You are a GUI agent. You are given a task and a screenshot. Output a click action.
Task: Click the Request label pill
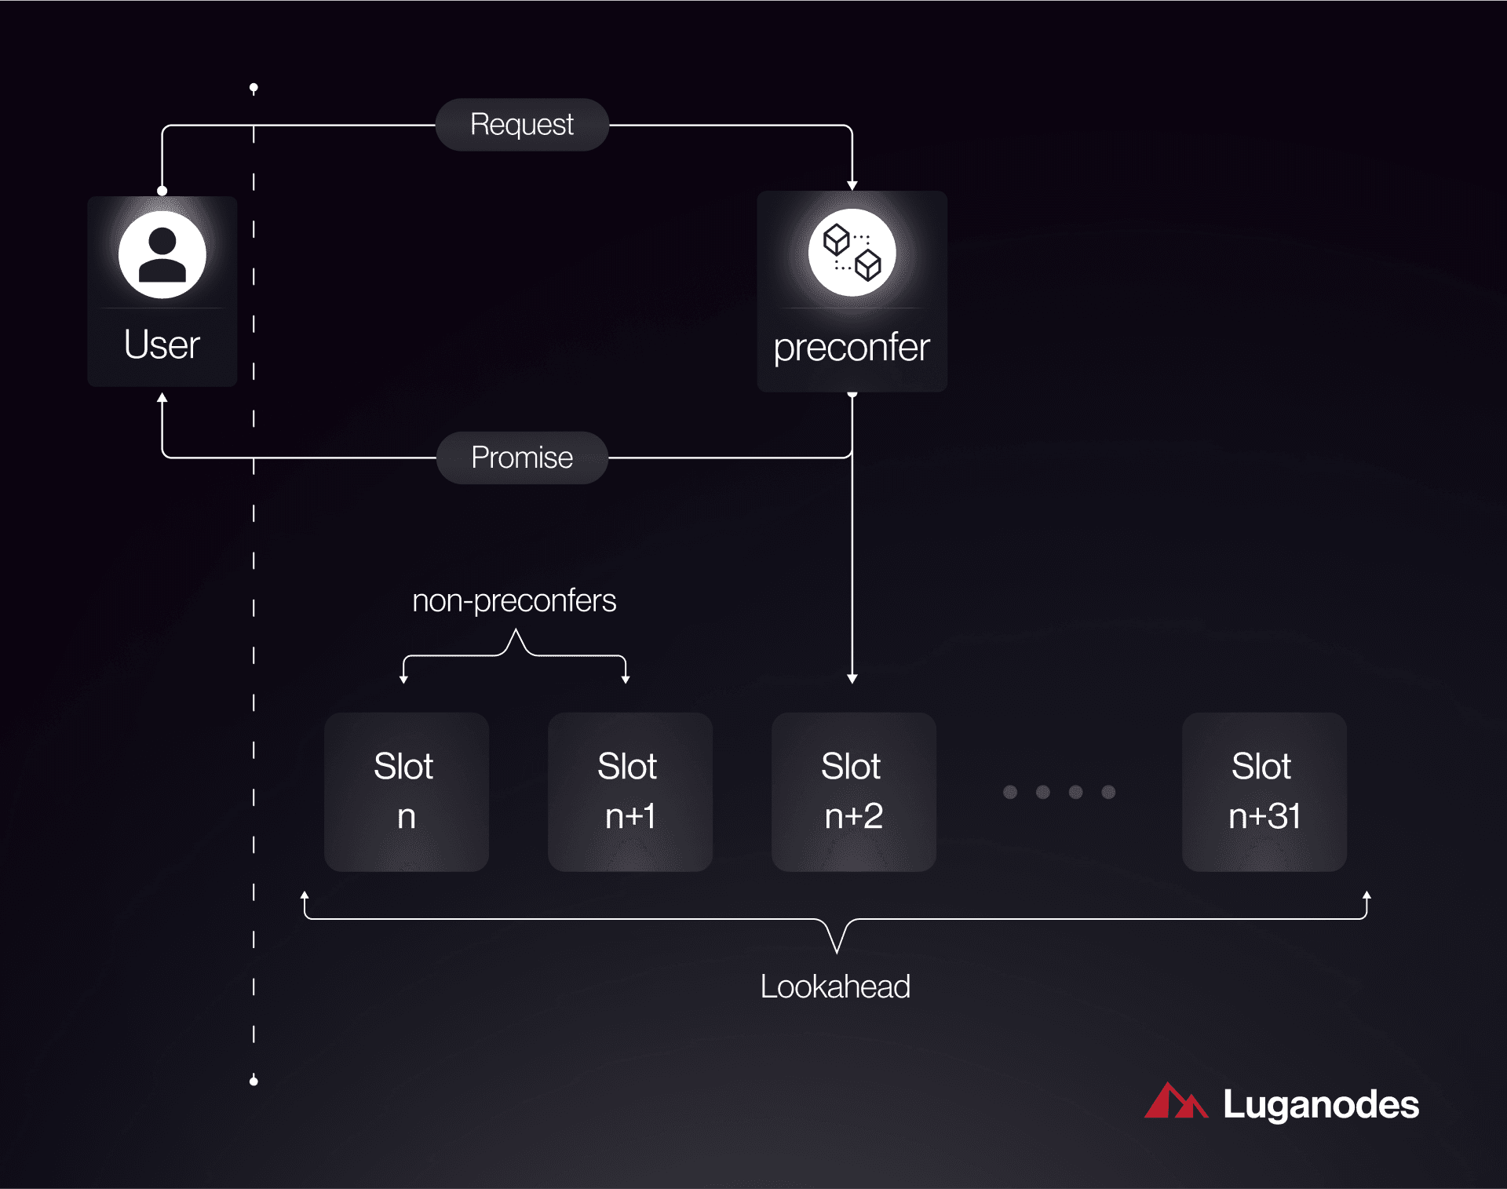(522, 125)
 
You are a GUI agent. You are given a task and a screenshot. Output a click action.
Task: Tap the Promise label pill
(522, 458)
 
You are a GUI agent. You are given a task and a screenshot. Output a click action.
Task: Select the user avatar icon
(162, 254)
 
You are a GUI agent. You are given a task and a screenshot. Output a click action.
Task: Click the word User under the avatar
(162, 345)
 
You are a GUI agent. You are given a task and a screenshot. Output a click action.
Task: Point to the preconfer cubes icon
(852, 253)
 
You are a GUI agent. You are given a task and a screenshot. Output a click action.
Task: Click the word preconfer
(852, 348)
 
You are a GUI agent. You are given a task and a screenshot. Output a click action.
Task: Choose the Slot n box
(406, 791)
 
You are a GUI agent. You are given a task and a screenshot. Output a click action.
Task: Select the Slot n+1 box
(629, 791)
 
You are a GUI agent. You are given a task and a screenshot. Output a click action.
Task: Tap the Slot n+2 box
(853, 791)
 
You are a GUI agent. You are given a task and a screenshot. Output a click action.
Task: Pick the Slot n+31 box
(1264, 791)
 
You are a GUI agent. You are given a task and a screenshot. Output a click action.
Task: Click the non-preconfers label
(514, 601)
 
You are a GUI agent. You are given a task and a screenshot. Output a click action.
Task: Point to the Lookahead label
(835, 987)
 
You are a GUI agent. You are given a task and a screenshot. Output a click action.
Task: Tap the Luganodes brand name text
(1321, 1104)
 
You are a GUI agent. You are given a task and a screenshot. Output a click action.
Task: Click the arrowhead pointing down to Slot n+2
(852, 678)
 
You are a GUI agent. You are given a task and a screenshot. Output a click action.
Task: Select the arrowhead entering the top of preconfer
(852, 185)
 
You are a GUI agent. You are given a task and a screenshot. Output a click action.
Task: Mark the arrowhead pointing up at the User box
(162, 398)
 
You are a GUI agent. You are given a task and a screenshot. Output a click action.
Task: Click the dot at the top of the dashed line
(254, 87)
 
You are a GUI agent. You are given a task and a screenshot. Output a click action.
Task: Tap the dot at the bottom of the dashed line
(254, 1081)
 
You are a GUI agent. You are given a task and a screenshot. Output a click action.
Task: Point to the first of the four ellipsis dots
(1010, 792)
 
